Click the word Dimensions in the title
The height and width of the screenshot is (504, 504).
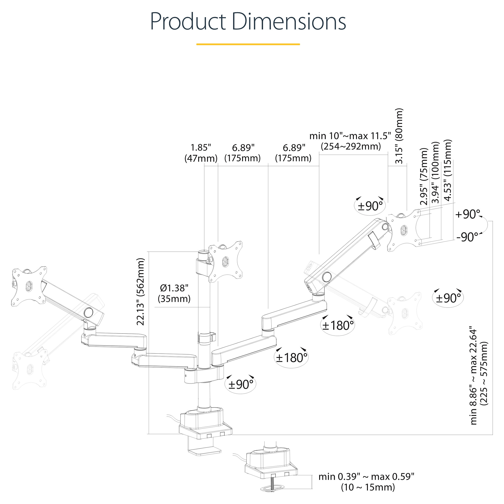click(x=289, y=21)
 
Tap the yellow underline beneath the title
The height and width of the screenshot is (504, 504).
click(x=248, y=44)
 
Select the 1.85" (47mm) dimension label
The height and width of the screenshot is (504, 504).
click(x=201, y=153)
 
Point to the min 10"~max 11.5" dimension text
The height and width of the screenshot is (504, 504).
click(x=350, y=136)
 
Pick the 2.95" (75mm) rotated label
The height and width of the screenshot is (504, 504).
click(x=424, y=177)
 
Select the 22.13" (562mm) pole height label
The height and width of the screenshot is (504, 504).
click(x=141, y=291)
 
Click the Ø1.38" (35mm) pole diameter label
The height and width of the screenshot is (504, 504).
click(x=174, y=293)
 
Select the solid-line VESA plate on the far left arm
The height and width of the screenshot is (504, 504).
click(x=29, y=286)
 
